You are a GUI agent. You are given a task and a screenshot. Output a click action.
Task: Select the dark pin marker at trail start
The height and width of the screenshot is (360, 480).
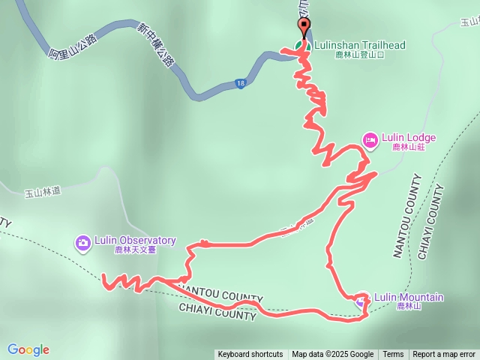pyautogui.click(x=304, y=28)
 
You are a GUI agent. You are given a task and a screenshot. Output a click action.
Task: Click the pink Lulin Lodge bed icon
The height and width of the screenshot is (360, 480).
pyautogui.click(x=370, y=139)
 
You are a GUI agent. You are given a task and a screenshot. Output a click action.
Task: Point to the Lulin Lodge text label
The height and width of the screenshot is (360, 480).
pyautogui.click(x=409, y=137)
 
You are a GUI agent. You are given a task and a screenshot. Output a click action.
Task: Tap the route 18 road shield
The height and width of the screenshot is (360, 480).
pyautogui.click(x=239, y=83)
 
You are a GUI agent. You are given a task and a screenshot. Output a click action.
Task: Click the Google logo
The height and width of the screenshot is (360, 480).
pyautogui.click(x=28, y=349)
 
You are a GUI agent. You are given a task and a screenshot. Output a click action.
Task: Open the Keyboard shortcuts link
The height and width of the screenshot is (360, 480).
pyautogui.click(x=250, y=355)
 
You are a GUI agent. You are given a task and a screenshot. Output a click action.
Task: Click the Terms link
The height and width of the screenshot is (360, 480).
pyautogui.click(x=393, y=355)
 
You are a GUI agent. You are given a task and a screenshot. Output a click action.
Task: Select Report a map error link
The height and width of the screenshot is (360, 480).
pyautogui.click(x=444, y=355)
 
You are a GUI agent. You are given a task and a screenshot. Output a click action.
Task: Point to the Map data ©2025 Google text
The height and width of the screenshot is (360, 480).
pyautogui.click(x=333, y=355)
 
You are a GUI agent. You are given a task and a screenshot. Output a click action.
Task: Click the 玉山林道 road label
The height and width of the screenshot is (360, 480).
pyautogui.click(x=42, y=193)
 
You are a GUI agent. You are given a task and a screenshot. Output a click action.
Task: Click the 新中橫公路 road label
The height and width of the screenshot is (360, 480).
pyautogui.click(x=156, y=43)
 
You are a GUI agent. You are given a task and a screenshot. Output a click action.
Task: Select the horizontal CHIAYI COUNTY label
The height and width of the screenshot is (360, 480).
pyautogui.click(x=217, y=313)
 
